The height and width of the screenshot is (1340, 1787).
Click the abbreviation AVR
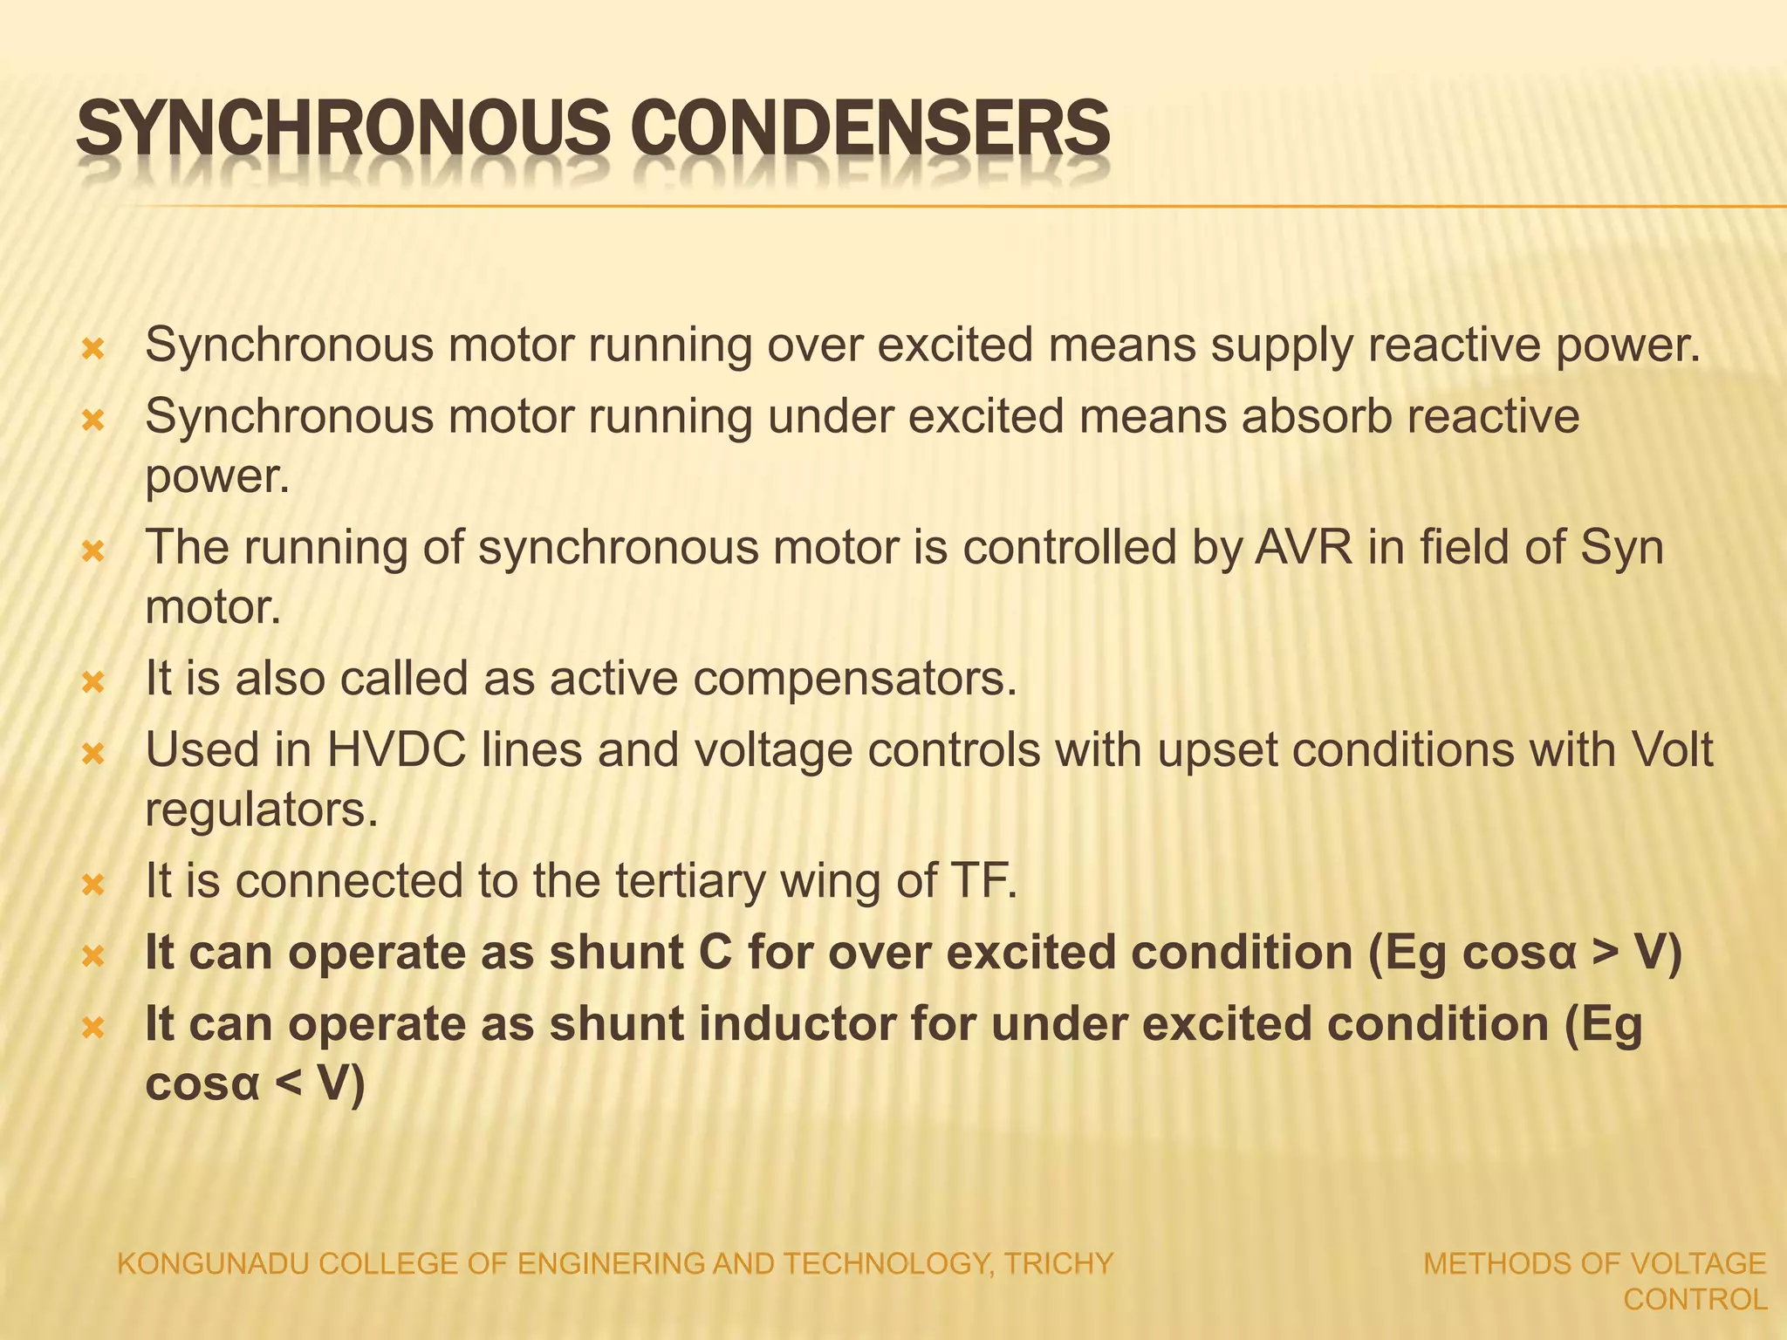point(1304,548)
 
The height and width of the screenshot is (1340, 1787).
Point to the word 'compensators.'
point(855,679)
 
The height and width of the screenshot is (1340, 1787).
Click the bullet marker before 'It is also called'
point(92,681)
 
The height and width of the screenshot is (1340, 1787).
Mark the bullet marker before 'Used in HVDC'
point(92,753)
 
